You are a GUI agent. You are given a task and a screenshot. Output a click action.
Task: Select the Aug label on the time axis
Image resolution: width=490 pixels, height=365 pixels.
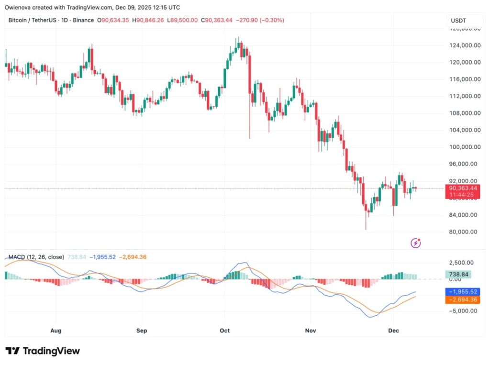(56, 331)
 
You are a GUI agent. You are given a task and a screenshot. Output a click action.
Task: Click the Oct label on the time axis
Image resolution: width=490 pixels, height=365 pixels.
(225, 331)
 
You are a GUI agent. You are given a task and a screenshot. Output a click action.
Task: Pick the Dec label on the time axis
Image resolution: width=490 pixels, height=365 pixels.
(394, 331)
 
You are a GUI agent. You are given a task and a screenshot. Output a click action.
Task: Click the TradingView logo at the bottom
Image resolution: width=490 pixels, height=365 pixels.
(43, 351)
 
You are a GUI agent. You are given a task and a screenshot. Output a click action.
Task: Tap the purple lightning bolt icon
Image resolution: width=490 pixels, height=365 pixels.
(416, 243)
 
